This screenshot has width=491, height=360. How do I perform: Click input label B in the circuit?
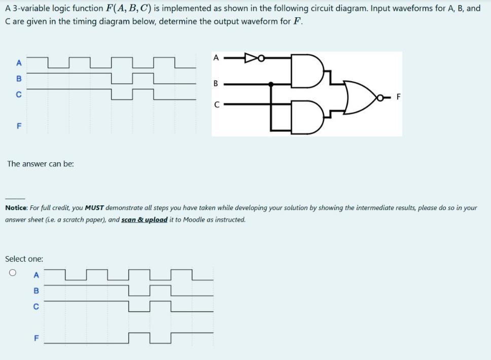coord(216,83)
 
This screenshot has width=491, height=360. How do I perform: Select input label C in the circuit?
coord(216,105)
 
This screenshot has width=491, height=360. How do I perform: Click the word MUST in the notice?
coord(94,208)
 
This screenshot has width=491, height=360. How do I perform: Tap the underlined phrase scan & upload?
coord(145,220)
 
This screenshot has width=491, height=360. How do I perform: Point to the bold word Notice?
coord(16,208)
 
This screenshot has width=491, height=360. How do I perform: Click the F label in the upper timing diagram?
coord(19,125)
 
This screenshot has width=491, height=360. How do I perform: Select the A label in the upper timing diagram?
coord(19,63)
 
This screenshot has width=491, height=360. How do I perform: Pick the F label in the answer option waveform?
coord(36,337)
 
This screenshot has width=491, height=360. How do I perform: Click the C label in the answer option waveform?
coord(36,307)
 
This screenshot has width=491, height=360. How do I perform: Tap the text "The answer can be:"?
coord(41,164)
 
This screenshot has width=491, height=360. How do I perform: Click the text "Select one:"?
coord(24,259)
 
